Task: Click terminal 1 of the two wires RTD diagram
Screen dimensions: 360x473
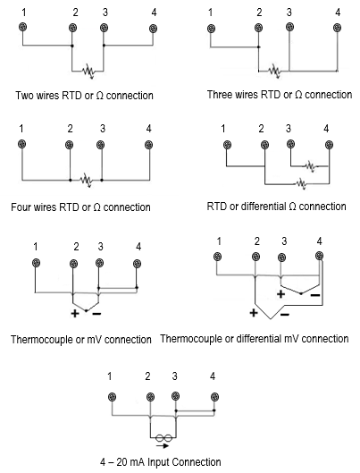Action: tap(22, 27)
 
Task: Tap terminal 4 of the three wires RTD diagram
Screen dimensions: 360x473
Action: tap(337, 28)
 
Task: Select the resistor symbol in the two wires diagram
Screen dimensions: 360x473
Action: tap(88, 72)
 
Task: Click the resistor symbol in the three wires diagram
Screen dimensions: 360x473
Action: tap(274, 71)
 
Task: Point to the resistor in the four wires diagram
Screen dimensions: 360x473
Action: tap(86, 180)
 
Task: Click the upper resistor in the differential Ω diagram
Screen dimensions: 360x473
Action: tap(310, 166)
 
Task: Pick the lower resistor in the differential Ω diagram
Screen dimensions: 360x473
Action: tap(302, 183)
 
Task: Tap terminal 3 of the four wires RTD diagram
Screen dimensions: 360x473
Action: tap(101, 145)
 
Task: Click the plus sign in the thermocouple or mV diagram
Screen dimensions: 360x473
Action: tap(75, 314)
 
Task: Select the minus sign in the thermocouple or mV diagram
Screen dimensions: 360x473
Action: tap(96, 314)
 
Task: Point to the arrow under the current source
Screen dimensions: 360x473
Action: tap(163, 445)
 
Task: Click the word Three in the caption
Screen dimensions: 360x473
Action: tap(220, 95)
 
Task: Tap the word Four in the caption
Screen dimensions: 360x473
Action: tap(21, 207)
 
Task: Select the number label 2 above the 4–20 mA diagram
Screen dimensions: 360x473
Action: tap(147, 376)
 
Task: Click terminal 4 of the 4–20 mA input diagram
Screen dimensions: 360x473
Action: tap(214, 396)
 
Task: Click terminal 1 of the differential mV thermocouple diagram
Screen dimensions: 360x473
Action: tap(217, 257)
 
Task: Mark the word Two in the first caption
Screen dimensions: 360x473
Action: tap(25, 96)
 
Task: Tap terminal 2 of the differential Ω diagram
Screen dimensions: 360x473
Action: tap(264, 145)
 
